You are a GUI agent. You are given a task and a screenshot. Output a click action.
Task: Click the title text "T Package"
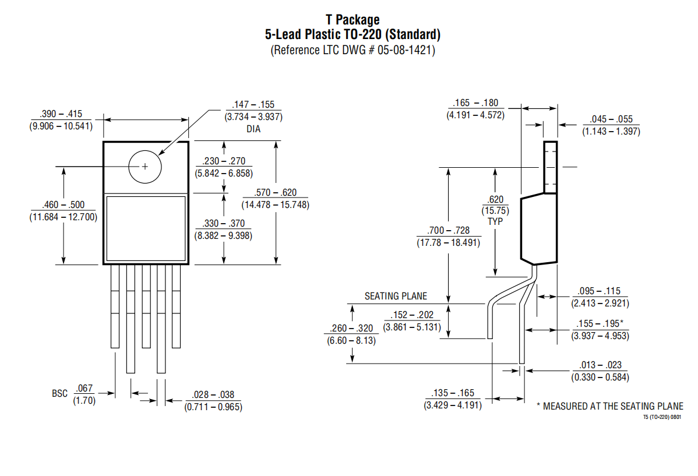(352, 20)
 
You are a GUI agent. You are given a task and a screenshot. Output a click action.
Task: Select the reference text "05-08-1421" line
(352, 50)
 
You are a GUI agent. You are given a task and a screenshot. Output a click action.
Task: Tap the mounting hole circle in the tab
(145, 167)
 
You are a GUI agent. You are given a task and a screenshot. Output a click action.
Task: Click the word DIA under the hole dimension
(253, 129)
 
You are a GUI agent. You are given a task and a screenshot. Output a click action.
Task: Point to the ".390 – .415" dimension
(61, 114)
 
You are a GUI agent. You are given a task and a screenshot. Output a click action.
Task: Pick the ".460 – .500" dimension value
(63, 205)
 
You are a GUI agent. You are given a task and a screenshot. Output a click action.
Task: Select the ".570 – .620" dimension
(275, 192)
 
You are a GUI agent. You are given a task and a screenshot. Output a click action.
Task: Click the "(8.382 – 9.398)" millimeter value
(223, 235)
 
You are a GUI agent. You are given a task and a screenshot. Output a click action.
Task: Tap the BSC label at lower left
(59, 394)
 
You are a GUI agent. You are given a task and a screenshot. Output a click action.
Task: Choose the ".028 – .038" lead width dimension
(213, 394)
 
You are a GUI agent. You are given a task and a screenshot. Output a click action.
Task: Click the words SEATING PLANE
(396, 296)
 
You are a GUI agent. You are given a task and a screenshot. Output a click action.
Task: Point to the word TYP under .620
(495, 221)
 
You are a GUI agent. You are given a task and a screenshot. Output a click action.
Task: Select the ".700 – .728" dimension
(448, 230)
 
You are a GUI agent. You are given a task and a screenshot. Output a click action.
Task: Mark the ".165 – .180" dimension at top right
(475, 103)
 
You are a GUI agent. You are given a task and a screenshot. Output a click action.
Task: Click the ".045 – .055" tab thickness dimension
(611, 119)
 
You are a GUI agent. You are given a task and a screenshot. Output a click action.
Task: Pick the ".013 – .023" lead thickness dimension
(600, 365)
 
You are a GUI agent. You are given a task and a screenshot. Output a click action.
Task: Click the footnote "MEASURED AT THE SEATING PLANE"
(613, 406)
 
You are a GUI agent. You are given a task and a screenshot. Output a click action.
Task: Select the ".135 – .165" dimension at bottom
(453, 393)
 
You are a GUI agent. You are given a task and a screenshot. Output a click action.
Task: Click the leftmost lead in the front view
(115, 306)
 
